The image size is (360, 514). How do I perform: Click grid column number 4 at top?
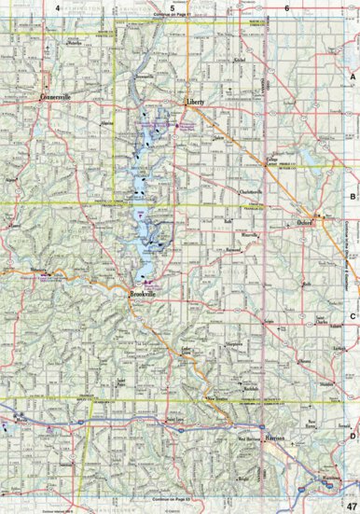58,8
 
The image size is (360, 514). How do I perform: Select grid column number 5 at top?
173,8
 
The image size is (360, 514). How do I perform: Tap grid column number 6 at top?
286,8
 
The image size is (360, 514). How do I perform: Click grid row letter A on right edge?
353,78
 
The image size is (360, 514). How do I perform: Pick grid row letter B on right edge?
353,198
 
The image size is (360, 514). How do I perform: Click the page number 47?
350,505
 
